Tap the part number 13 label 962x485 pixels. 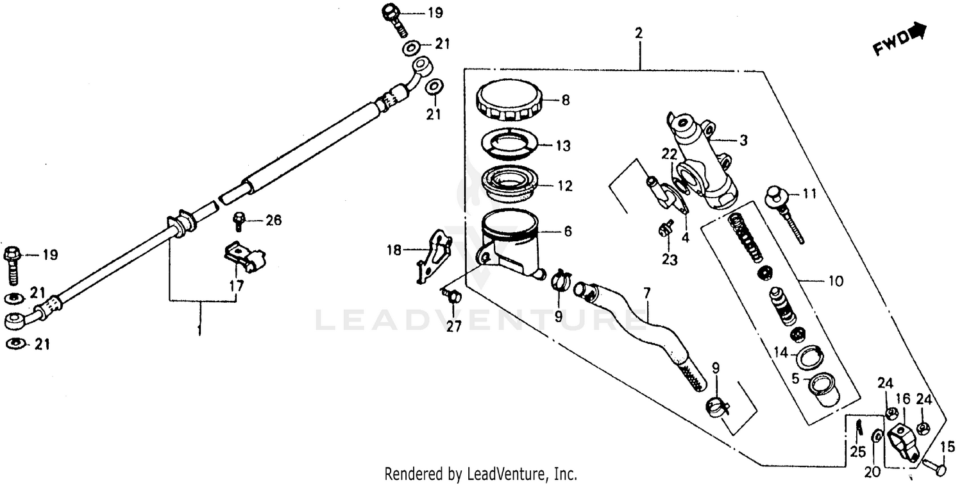point(562,146)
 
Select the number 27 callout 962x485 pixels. point(453,327)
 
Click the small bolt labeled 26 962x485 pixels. point(239,221)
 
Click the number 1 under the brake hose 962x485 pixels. point(199,330)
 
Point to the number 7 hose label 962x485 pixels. point(646,293)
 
